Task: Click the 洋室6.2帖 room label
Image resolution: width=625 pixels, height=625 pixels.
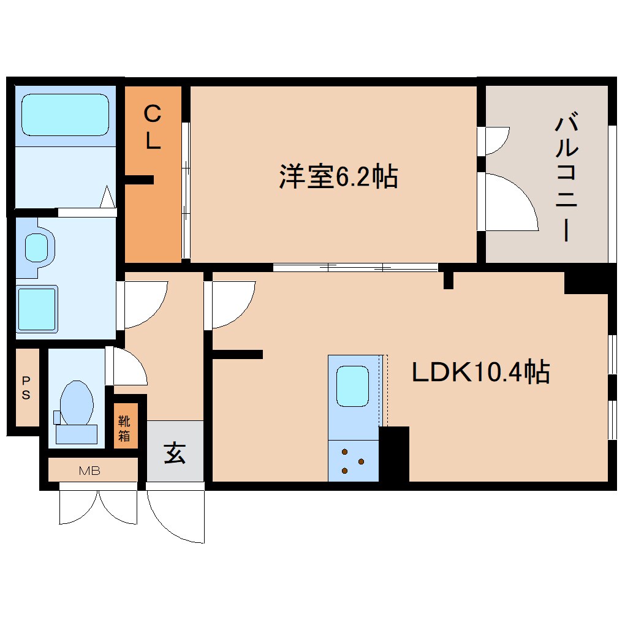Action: (x=338, y=177)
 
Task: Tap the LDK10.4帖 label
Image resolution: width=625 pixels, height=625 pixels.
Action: (x=480, y=371)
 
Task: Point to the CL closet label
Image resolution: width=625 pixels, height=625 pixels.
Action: (x=153, y=127)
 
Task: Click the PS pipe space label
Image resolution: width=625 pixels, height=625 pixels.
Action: (x=26, y=388)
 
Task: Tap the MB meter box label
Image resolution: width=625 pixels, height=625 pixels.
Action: (x=89, y=471)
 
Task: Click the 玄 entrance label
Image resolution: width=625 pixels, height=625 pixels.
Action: (x=175, y=453)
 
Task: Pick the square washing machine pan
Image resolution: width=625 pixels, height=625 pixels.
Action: (x=37, y=309)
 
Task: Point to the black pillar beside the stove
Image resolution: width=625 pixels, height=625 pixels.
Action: (x=393, y=453)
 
